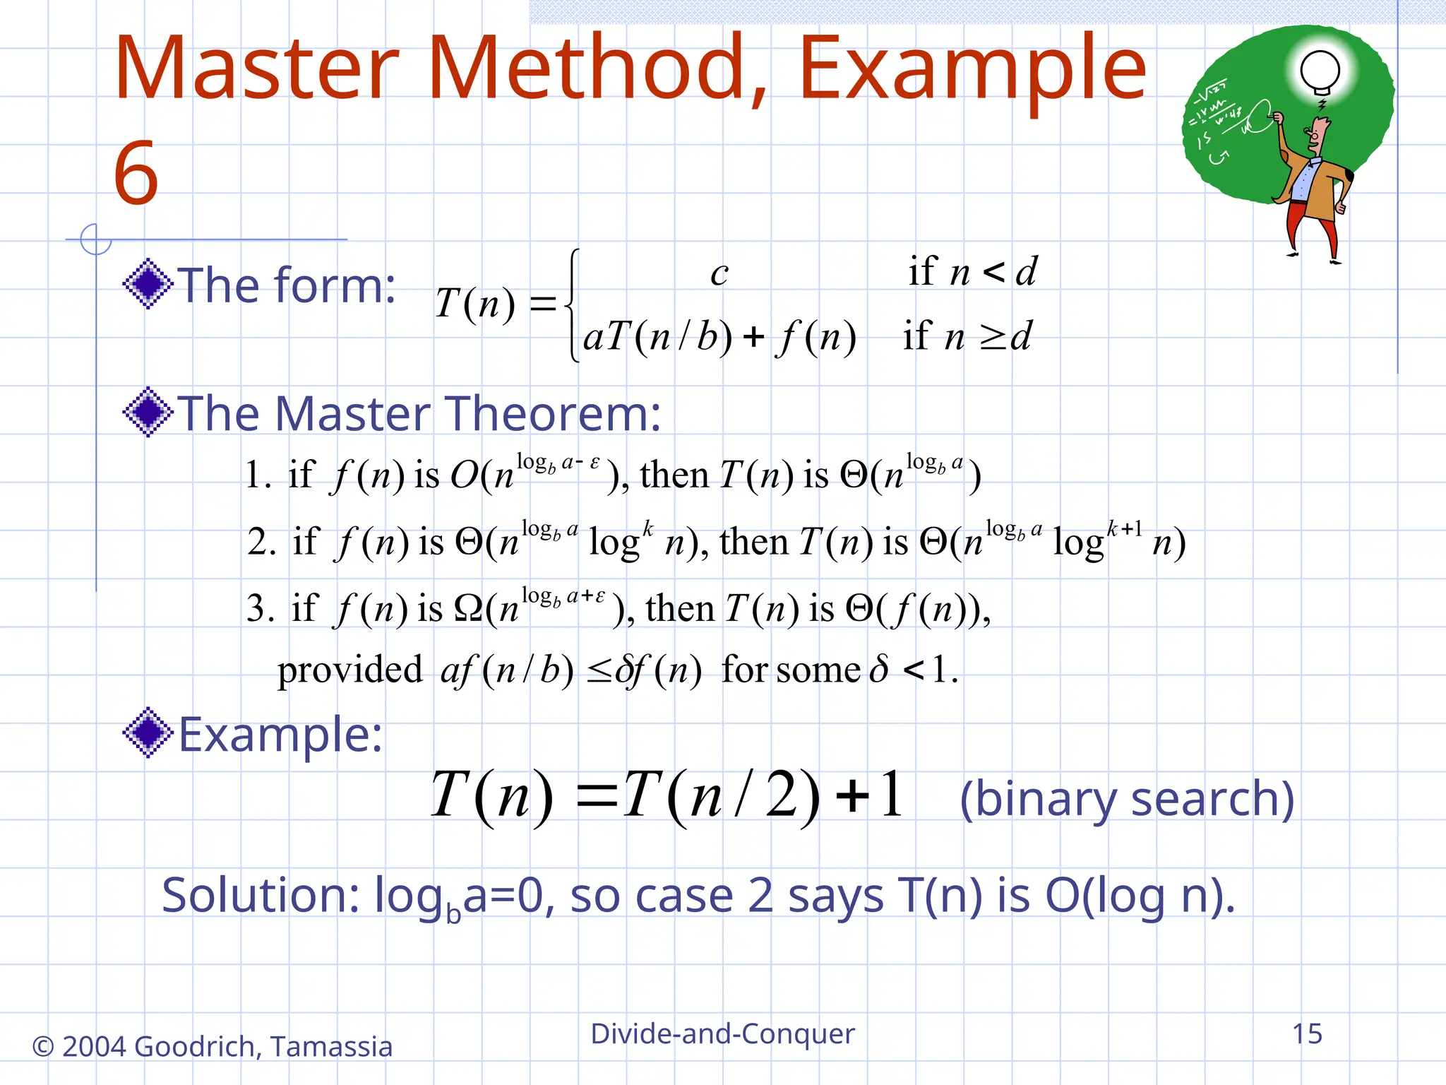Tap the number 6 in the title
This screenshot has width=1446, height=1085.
136,174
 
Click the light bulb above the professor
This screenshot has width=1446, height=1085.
1320,71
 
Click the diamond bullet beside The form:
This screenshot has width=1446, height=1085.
148,284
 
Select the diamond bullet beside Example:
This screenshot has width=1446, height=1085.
148,733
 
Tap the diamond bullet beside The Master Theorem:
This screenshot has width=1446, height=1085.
148,412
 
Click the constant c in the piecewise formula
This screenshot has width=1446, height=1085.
719,273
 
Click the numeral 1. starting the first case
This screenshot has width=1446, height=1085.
257,475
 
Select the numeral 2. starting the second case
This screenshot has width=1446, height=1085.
261,542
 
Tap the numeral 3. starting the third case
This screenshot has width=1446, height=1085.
260,608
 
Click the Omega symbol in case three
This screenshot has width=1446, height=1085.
469,608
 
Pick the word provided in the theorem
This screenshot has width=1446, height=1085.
349,670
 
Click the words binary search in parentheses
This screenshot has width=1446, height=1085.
1127,799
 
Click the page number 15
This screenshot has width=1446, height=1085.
1306,1034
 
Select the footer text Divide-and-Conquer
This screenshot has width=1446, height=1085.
722,1034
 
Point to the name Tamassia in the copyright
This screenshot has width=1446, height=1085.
331,1047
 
